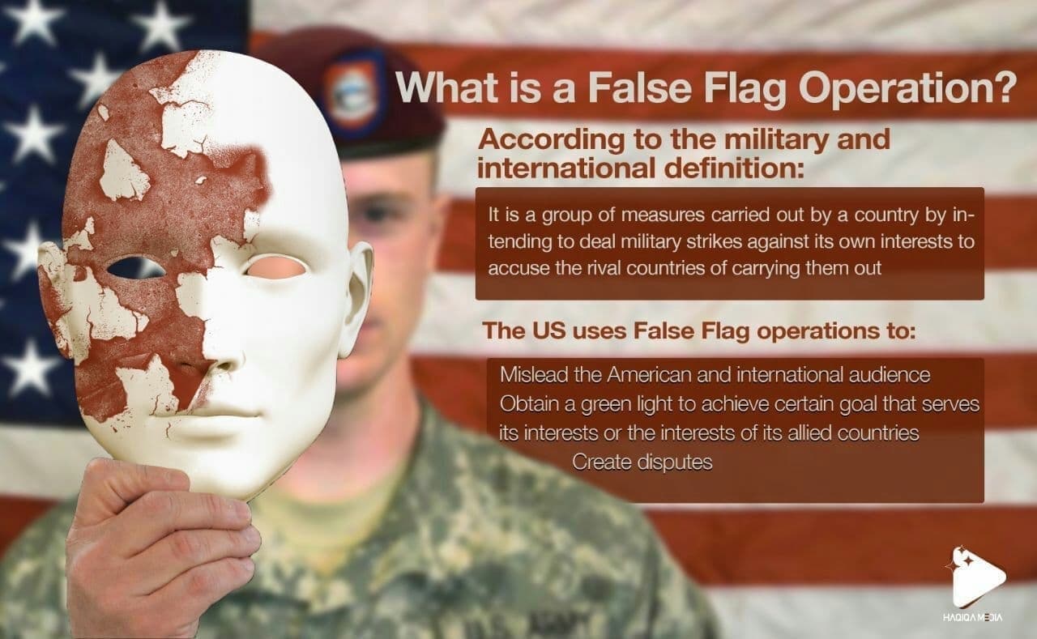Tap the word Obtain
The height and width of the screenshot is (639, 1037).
click(x=526, y=404)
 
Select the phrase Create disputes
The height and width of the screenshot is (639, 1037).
click(x=642, y=462)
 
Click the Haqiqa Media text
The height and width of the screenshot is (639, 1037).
click(x=977, y=617)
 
